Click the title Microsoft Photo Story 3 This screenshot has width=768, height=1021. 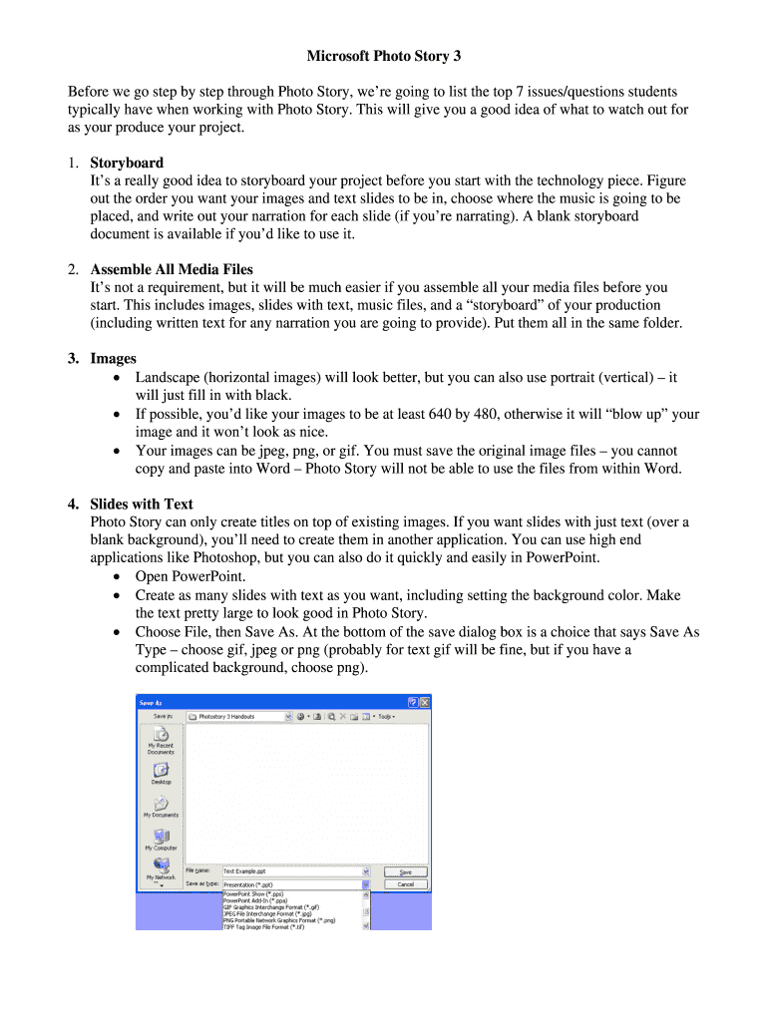click(383, 56)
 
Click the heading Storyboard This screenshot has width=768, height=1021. click(127, 163)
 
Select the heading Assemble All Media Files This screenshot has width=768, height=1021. click(172, 269)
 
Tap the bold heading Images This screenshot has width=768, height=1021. click(113, 358)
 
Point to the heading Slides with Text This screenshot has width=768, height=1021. click(142, 504)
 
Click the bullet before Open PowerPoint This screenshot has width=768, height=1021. click(120, 577)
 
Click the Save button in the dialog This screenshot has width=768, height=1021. click(405, 871)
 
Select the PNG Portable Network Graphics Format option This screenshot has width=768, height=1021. click(278, 919)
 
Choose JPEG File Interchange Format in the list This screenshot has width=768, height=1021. click(267, 913)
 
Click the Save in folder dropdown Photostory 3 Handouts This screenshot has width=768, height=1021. click(239, 716)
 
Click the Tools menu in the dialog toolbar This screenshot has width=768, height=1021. click(385, 716)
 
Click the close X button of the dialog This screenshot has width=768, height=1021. click(425, 701)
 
